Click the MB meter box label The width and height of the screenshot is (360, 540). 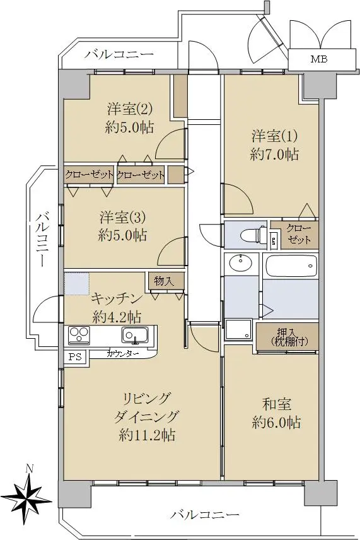pyautogui.click(x=319, y=59)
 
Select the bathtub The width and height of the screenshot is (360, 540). pyautogui.click(x=291, y=266)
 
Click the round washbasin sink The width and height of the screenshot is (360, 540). pyautogui.click(x=241, y=264)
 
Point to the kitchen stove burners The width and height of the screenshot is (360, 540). pyautogui.click(x=79, y=335)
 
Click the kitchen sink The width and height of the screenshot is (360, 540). pyautogui.click(x=135, y=336)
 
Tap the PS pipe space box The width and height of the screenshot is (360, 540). pyautogui.click(x=76, y=356)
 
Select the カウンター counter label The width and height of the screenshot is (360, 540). pyautogui.click(x=123, y=354)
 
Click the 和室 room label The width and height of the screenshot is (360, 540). pyautogui.click(x=277, y=404)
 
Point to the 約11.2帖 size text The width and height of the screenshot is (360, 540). pyautogui.click(x=148, y=435)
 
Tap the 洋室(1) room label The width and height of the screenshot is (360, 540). pyautogui.click(x=274, y=136)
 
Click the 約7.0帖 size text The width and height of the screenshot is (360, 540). pyautogui.click(x=274, y=155)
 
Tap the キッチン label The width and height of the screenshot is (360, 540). pyautogui.click(x=117, y=299)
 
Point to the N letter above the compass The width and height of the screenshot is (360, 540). pyautogui.click(x=30, y=469)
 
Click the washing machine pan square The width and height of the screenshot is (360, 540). pyautogui.click(x=239, y=329)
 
